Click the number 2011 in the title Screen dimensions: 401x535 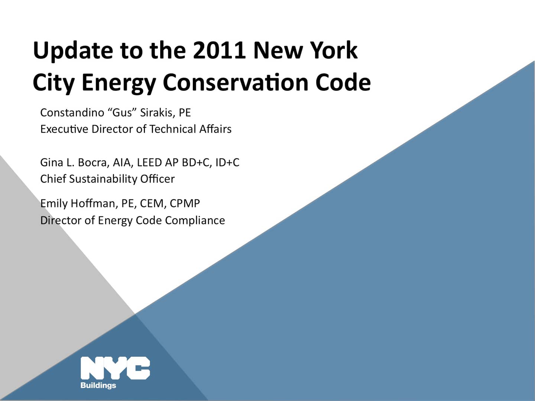point(219,50)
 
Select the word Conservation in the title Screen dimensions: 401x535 point(236,82)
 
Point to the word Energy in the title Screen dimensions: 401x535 point(119,83)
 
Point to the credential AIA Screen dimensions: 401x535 point(122,163)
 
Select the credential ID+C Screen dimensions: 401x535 point(227,163)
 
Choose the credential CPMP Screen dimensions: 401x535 point(185,203)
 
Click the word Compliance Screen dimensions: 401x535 point(195,221)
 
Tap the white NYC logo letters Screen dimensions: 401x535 point(115,368)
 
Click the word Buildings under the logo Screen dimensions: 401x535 point(98,385)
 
